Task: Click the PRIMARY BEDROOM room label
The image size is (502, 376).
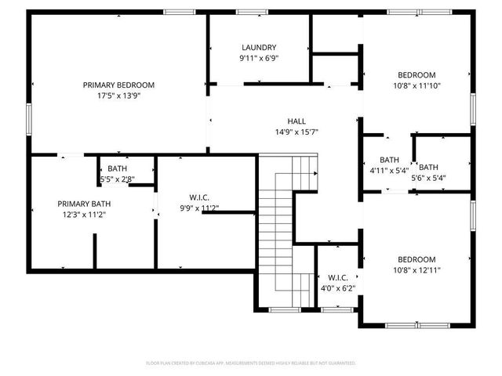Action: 118,85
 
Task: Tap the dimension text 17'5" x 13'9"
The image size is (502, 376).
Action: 118,96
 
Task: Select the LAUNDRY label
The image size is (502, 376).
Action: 259,47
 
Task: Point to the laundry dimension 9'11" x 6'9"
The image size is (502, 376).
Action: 259,58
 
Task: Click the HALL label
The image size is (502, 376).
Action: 296,121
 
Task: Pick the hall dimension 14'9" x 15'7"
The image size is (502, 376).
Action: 296,132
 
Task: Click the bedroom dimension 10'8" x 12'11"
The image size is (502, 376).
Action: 416,270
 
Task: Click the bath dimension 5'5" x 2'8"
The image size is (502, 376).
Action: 118,179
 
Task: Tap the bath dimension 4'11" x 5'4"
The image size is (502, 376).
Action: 389,170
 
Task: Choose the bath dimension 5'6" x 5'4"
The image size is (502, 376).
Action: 428,177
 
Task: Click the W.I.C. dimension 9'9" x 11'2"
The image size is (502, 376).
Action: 199,208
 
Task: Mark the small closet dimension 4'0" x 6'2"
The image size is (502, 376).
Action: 338,287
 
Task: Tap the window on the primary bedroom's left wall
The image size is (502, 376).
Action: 30,117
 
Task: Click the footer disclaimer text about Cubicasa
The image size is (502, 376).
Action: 251,363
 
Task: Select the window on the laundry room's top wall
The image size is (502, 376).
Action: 251,12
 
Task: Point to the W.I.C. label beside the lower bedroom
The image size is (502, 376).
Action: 338,277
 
